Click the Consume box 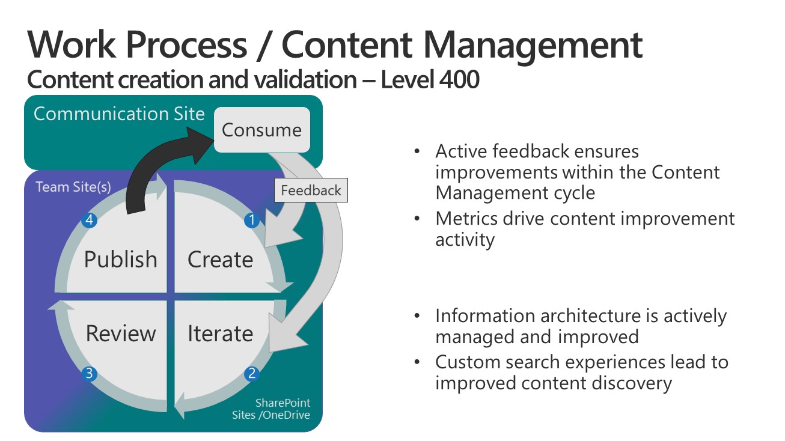(x=261, y=130)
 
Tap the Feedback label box (x=311, y=190)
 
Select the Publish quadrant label (x=120, y=260)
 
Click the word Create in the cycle (x=220, y=260)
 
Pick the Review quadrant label (x=120, y=333)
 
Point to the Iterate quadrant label (x=220, y=333)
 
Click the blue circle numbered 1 (x=251, y=221)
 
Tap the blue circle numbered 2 (x=251, y=374)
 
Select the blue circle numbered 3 (x=89, y=374)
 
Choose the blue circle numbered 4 (x=89, y=221)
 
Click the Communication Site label (x=119, y=114)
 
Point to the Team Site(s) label (x=73, y=187)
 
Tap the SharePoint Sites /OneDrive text (x=272, y=409)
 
